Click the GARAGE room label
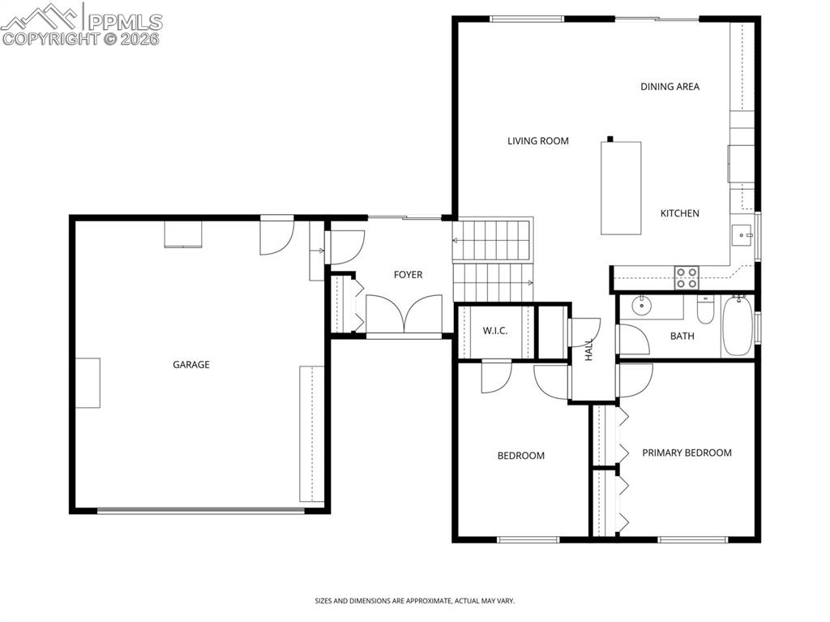[191, 365]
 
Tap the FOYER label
[408, 275]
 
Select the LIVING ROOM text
[538, 141]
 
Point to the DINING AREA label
[670, 87]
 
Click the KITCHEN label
[679, 213]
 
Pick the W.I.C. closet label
[494, 331]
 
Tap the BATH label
[682, 336]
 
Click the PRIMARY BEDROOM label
[687, 453]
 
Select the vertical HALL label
[589, 350]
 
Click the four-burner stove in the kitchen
[687, 277]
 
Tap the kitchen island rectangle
[621, 188]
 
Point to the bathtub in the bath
[738, 327]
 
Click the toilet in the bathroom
[704, 310]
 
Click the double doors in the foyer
[404, 314]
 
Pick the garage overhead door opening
[200, 510]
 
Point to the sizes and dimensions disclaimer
[414, 601]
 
